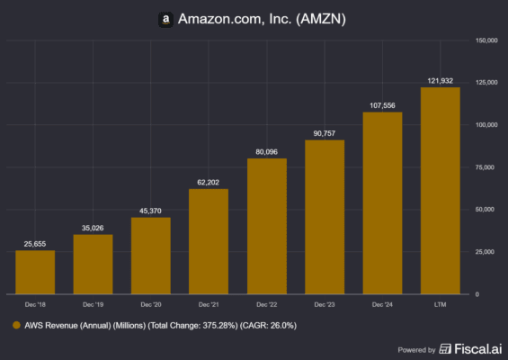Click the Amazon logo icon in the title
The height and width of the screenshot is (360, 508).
pyautogui.click(x=165, y=19)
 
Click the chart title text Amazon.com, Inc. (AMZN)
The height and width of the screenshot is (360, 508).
pyautogui.click(x=263, y=19)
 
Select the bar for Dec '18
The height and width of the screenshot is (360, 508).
pyautogui.click(x=35, y=272)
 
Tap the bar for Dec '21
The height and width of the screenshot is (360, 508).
pyautogui.click(x=209, y=240)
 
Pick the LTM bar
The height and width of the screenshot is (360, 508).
pyautogui.click(x=440, y=190)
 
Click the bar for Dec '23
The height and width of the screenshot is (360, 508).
pyautogui.click(x=325, y=216)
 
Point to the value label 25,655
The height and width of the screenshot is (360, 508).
pyautogui.click(x=35, y=243)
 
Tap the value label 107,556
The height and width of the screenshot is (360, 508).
pyautogui.click(x=382, y=105)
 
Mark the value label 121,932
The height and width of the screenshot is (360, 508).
pyautogui.click(x=440, y=81)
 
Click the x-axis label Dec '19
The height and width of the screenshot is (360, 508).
pyautogui.click(x=93, y=306)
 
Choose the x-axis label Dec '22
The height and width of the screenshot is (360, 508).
pyautogui.click(x=266, y=306)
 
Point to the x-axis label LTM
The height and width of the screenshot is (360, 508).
pyautogui.click(x=440, y=306)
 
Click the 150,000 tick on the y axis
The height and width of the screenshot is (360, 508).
pyautogui.click(x=486, y=40)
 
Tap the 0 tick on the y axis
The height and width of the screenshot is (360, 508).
pyautogui.click(x=478, y=294)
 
